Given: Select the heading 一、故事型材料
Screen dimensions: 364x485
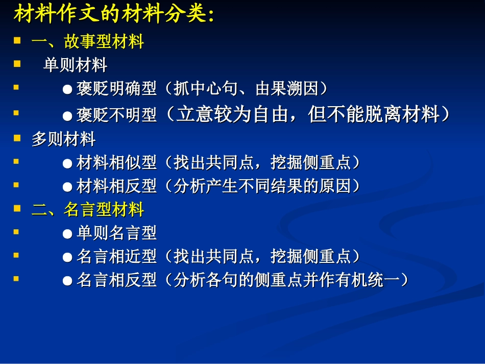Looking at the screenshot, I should point(88,41).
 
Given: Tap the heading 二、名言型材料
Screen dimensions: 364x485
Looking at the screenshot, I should point(88,209).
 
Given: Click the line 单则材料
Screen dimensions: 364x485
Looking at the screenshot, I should point(75,65).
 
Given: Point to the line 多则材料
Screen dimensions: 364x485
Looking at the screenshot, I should point(63,139).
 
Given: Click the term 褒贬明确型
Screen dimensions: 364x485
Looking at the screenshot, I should point(116,89).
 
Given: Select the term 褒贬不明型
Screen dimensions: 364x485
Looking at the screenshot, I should point(116,115).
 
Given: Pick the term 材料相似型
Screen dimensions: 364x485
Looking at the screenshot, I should point(116,163).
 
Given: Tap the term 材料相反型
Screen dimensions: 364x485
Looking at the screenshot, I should point(116,186).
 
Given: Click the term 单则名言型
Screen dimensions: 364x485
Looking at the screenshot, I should point(116,233).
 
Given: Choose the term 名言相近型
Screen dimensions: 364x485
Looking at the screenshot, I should point(116,256).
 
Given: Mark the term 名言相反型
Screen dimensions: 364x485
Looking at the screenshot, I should point(116,280).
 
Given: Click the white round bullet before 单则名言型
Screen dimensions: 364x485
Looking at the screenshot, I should point(67,234).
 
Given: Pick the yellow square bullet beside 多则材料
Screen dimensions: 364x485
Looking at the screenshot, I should point(17,138).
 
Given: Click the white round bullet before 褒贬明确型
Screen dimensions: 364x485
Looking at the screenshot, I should point(67,89).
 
